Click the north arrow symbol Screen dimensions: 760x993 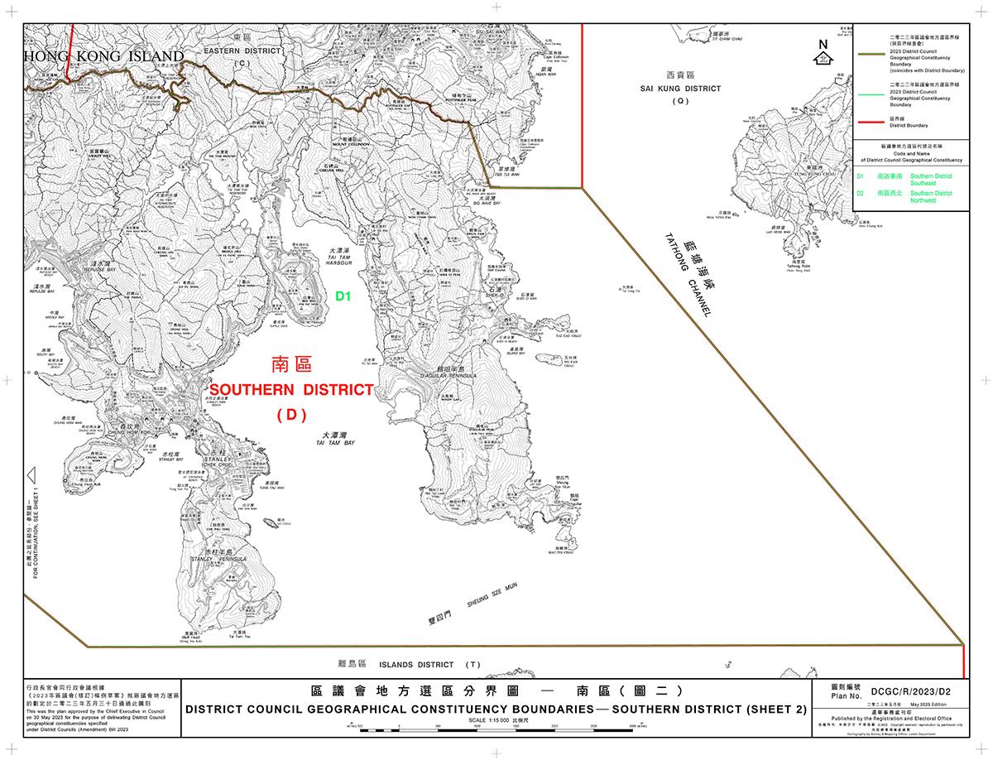tap(823, 54)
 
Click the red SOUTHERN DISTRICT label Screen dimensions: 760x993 tap(290, 390)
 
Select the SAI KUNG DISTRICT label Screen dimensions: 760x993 tap(681, 88)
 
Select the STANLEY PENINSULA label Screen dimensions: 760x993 tap(219, 560)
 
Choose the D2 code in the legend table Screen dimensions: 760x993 tap(861, 193)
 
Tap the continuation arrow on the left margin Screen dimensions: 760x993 tap(30, 476)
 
